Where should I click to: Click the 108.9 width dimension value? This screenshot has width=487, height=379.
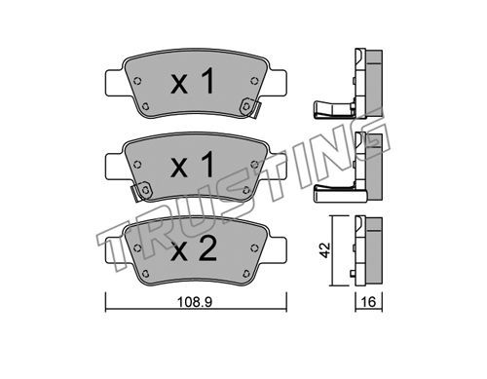click(195, 302)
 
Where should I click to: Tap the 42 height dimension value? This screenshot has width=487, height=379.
click(324, 249)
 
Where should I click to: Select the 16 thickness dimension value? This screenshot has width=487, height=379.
click(368, 302)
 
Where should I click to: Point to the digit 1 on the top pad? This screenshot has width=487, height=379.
click(206, 81)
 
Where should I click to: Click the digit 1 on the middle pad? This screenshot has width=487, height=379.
click(206, 165)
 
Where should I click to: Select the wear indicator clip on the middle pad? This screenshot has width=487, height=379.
click(140, 192)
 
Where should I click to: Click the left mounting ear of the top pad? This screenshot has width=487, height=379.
click(115, 83)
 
